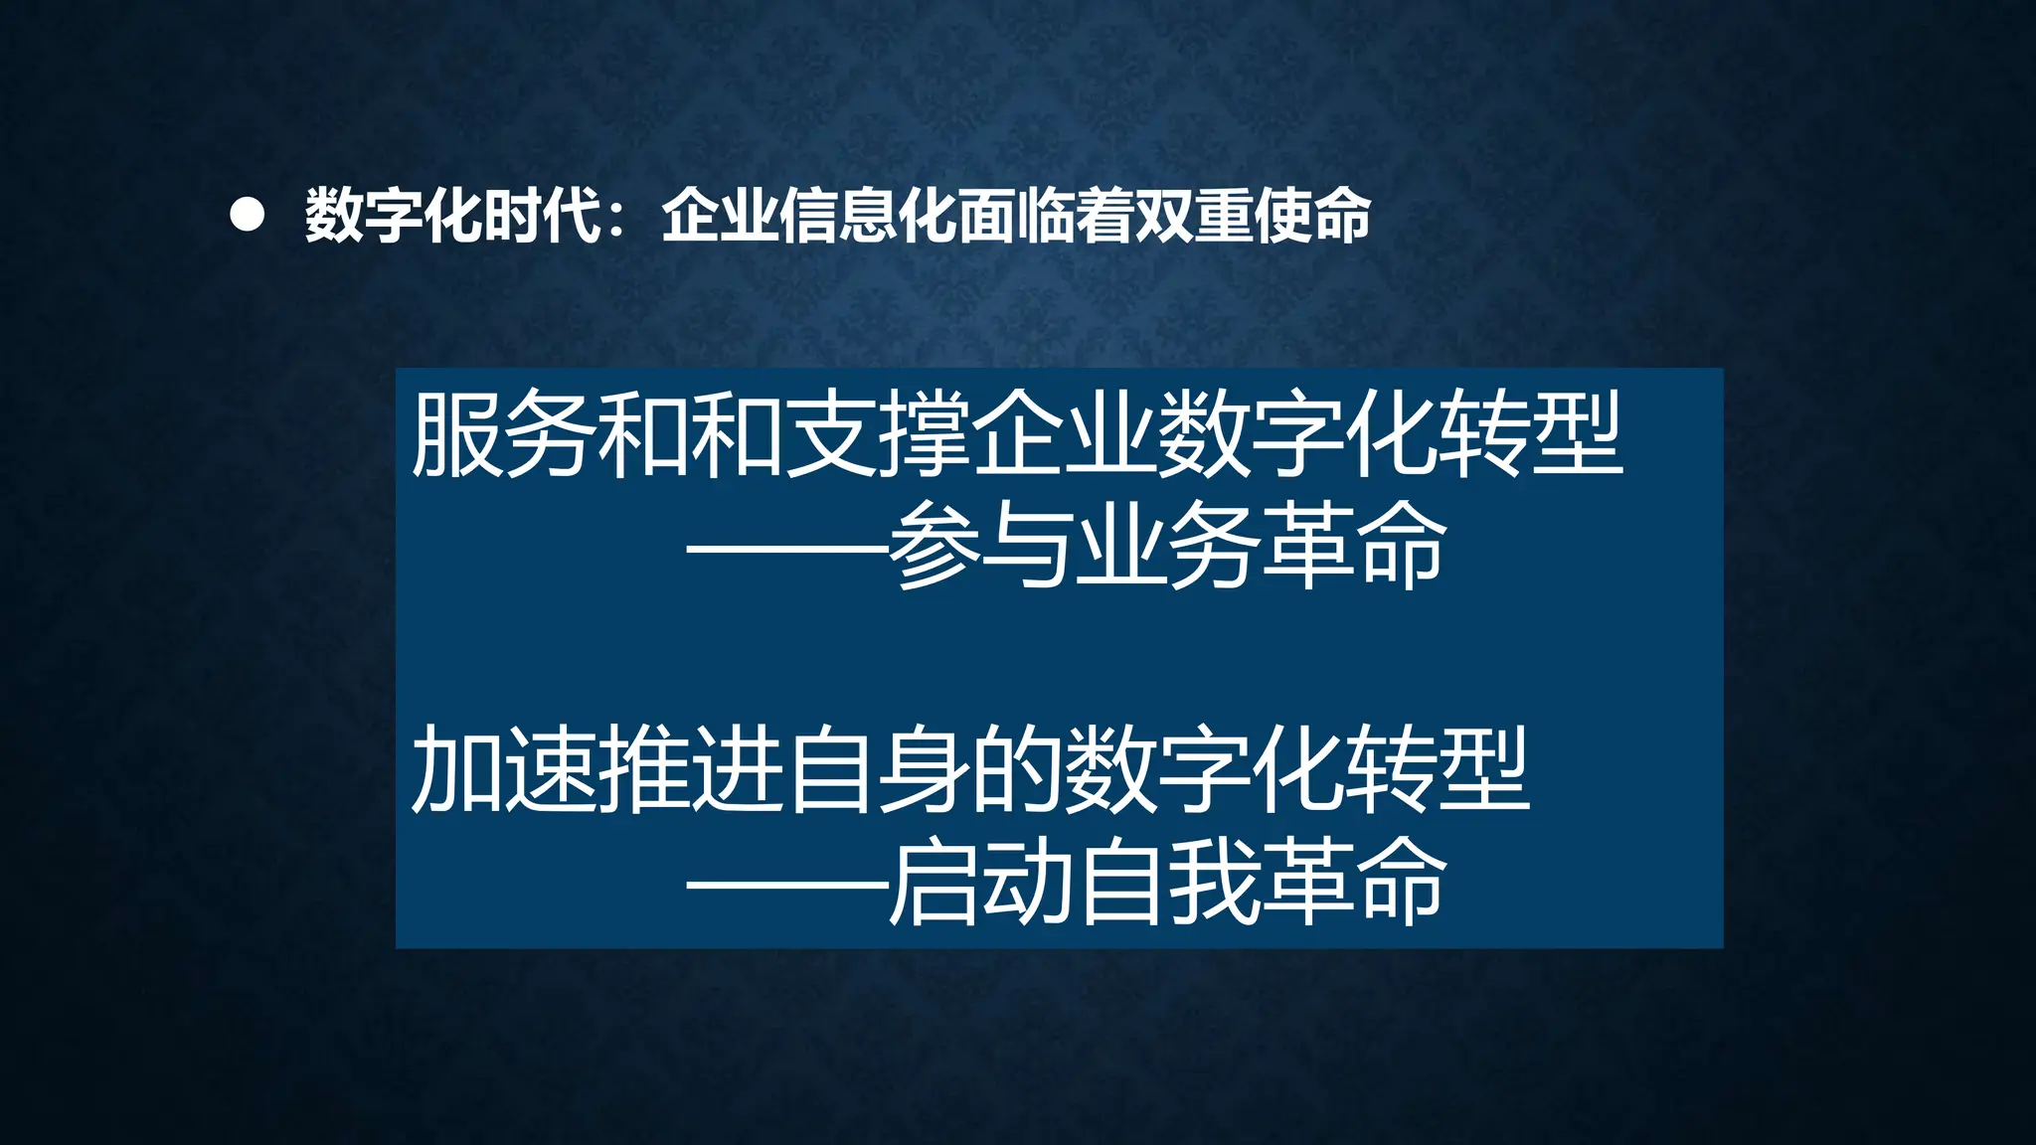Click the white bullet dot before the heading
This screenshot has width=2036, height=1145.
pyautogui.click(x=247, y=216)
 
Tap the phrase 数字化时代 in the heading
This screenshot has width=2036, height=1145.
pyautogui.click(x=453, y=216)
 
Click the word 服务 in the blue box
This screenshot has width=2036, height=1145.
pyautogui.click(x=503, y=434)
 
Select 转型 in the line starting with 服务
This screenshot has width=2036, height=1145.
pyautogui.click(x=1531, y=434)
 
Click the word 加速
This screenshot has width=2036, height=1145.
pyautogui.click(x=503, y=770)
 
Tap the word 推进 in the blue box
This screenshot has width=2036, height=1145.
pyautogui.click(x=690, y=770)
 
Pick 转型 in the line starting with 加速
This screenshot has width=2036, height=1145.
pyautogui.click(x=1438, y=770)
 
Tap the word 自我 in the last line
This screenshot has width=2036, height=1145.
pyautogui.click(x=1167, y=883)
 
